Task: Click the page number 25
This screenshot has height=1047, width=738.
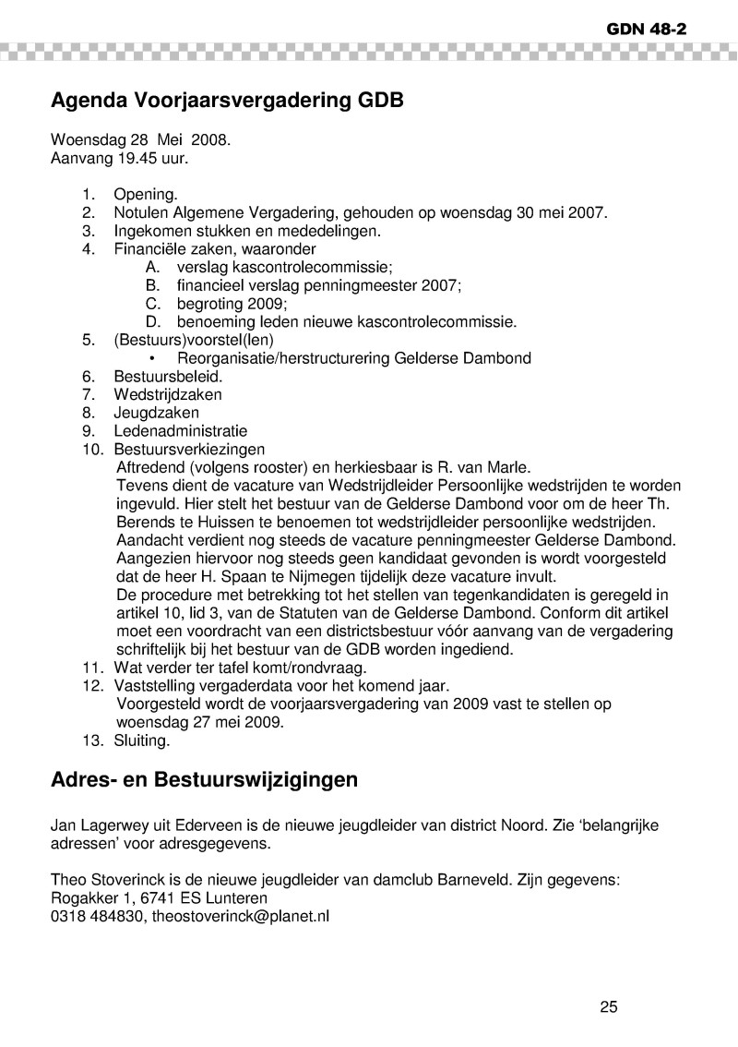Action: coord(609,1006)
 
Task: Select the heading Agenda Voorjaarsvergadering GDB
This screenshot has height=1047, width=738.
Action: coord(227,100)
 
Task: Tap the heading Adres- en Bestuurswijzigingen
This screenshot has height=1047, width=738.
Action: coord(203,779)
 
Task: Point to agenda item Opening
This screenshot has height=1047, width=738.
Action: coord(144,195)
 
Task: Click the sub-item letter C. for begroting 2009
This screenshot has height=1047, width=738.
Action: coord(154,304)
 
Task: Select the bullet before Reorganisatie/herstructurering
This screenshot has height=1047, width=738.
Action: coord(151,358)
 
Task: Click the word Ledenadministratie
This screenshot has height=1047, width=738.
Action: coord(180,431)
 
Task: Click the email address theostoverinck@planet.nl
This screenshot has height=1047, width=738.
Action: coord(240,917)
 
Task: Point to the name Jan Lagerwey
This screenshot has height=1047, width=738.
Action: coord(98,826)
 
